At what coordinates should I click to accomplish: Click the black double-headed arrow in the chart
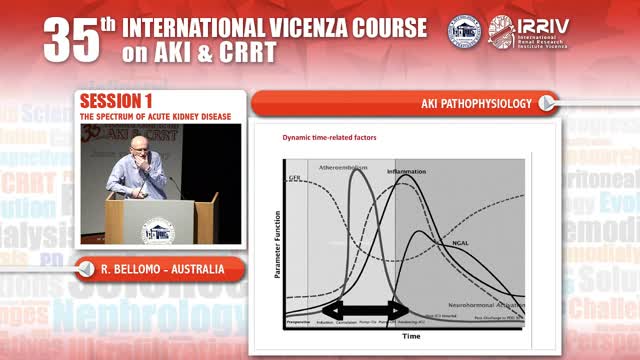point(364,309)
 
